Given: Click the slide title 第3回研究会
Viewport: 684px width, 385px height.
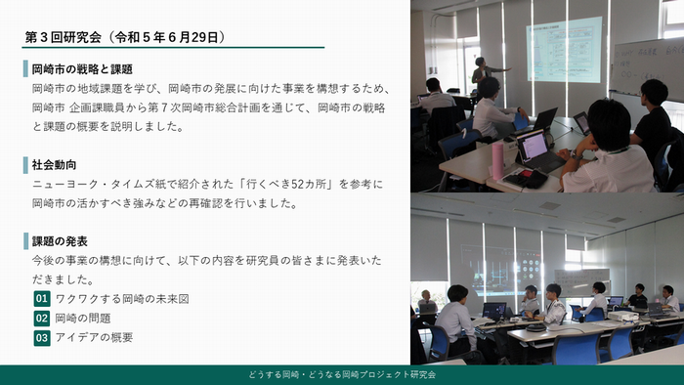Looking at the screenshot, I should click(x=64, y=37).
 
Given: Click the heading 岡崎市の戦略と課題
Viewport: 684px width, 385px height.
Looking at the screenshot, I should click(x=81, y=70).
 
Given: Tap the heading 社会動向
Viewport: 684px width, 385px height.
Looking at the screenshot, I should click(x=54, y=164).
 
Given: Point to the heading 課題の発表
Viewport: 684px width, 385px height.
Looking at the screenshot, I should click(x=60, y=241).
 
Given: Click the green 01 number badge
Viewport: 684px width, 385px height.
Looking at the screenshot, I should click(x=41, y=298).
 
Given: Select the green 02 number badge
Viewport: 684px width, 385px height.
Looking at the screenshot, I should click(x=41, y=318).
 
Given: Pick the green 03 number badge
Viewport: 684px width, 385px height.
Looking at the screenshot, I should click(x=41, y=337).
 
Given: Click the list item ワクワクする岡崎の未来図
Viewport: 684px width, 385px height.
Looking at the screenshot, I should click(x=121, y=298).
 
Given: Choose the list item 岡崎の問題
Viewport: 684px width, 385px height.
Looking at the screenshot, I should click(x=83, y=318).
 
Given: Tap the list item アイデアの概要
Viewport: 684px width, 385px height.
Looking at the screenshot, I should click(x=94, y=337).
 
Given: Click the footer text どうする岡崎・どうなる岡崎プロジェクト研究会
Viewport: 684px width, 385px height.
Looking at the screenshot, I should click(x=342, y=375).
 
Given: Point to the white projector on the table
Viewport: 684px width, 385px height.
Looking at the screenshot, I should click(x=622, y=315).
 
